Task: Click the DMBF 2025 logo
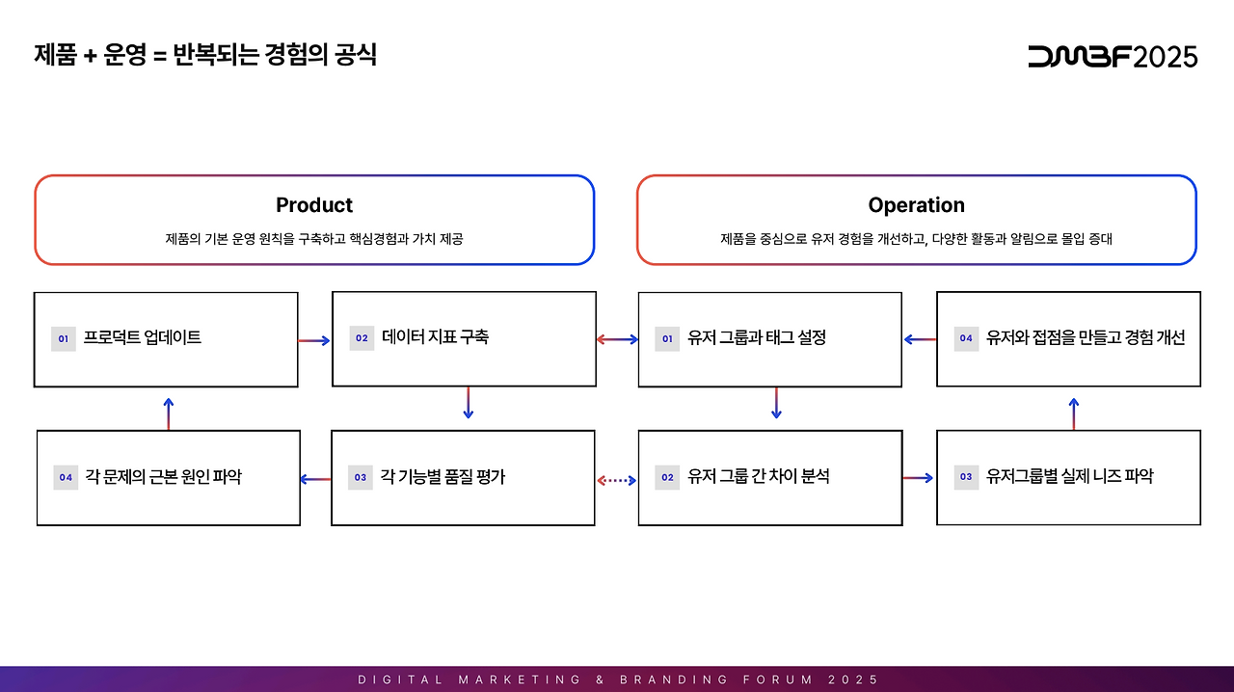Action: tap(1113, 56)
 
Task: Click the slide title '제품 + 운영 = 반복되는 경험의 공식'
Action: tap(204, 55)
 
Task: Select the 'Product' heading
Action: tap(314, 205)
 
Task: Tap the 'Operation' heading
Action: tap(916, 205)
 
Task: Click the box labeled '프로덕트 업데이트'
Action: tap(166, 339)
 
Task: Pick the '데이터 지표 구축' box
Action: tap(464, 338)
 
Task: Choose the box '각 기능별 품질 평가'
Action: tap(463, 477)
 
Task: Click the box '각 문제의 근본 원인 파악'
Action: tap(169, 477)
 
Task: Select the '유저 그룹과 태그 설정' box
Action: tap(770, 339)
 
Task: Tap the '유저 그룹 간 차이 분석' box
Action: tap(770, 477)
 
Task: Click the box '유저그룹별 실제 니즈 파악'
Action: tap(1068, 477)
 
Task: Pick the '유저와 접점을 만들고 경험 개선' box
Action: tap(1068, 338)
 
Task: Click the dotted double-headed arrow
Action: tap(617, 479)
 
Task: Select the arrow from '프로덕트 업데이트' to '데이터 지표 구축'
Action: tap(314, 340)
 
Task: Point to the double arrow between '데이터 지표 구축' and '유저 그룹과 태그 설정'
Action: tap(617, 339)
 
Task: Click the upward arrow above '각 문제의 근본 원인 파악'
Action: tap(169, 413)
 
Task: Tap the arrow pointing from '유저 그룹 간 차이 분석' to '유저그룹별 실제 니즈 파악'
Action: tap(918, 477)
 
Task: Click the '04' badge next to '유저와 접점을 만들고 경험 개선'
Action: tap(966, 338)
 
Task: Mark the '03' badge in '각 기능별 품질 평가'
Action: tap(361, 477)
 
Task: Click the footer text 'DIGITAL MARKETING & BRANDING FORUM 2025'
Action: tap(618, 679)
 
